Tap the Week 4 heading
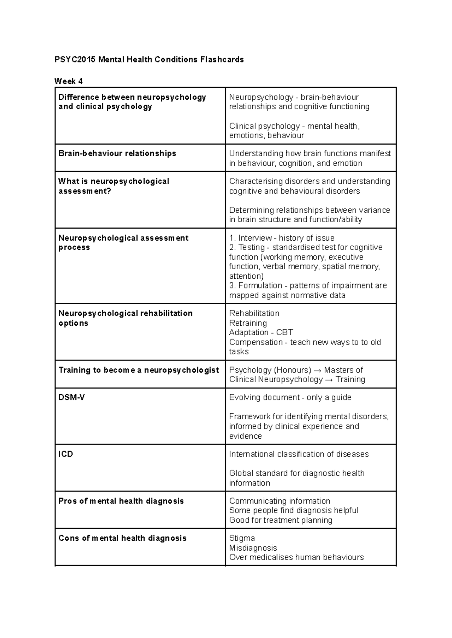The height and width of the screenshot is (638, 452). [x=68, y=81]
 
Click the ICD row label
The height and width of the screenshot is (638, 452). [x=66, y=454]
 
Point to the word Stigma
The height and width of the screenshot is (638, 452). [x=242, y=538]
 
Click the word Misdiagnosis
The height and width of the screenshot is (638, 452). [x=253, y=548]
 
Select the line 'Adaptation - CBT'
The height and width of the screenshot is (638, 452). [x=261, y=332]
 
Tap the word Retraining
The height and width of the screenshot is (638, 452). [x=248, y=323]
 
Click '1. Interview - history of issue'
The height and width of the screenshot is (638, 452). [x=281, y=238]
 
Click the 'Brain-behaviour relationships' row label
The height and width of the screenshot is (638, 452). [x=117, y=153]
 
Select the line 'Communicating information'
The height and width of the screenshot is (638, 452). [x=279, y=501]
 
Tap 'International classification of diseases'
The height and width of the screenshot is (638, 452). [x=299, y=454]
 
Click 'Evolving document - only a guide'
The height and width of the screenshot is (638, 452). [x=290, y=397]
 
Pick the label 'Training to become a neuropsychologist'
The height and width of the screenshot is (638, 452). [x=139, y=370]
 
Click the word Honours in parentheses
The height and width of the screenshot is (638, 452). [x=294, y=370]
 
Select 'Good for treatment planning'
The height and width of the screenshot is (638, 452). [x=281, y=520]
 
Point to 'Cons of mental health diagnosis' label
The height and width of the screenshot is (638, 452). [x=122, y=538]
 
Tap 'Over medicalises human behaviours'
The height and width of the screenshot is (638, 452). [x=296, y=557]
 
